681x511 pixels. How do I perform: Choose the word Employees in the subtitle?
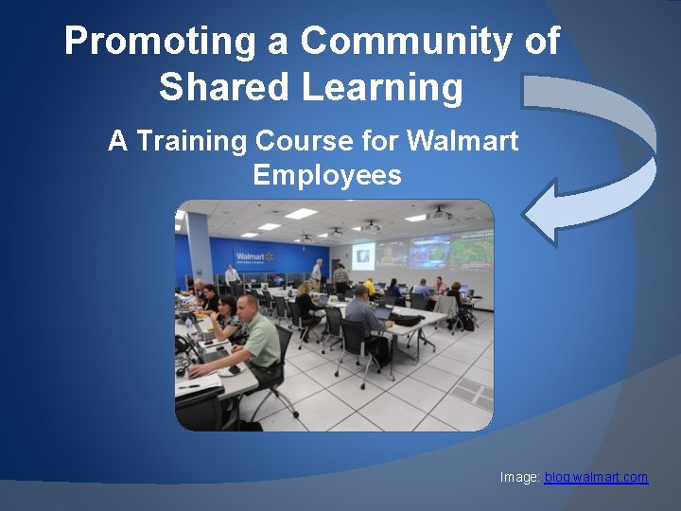coord(326,175)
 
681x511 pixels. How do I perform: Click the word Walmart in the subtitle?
coord(463,141)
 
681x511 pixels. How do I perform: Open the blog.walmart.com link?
coord(596,478)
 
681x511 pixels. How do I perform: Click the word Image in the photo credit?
coord(519,478)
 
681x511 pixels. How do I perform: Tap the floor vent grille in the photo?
coord(469,394)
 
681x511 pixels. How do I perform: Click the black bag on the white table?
coord(409,320)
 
